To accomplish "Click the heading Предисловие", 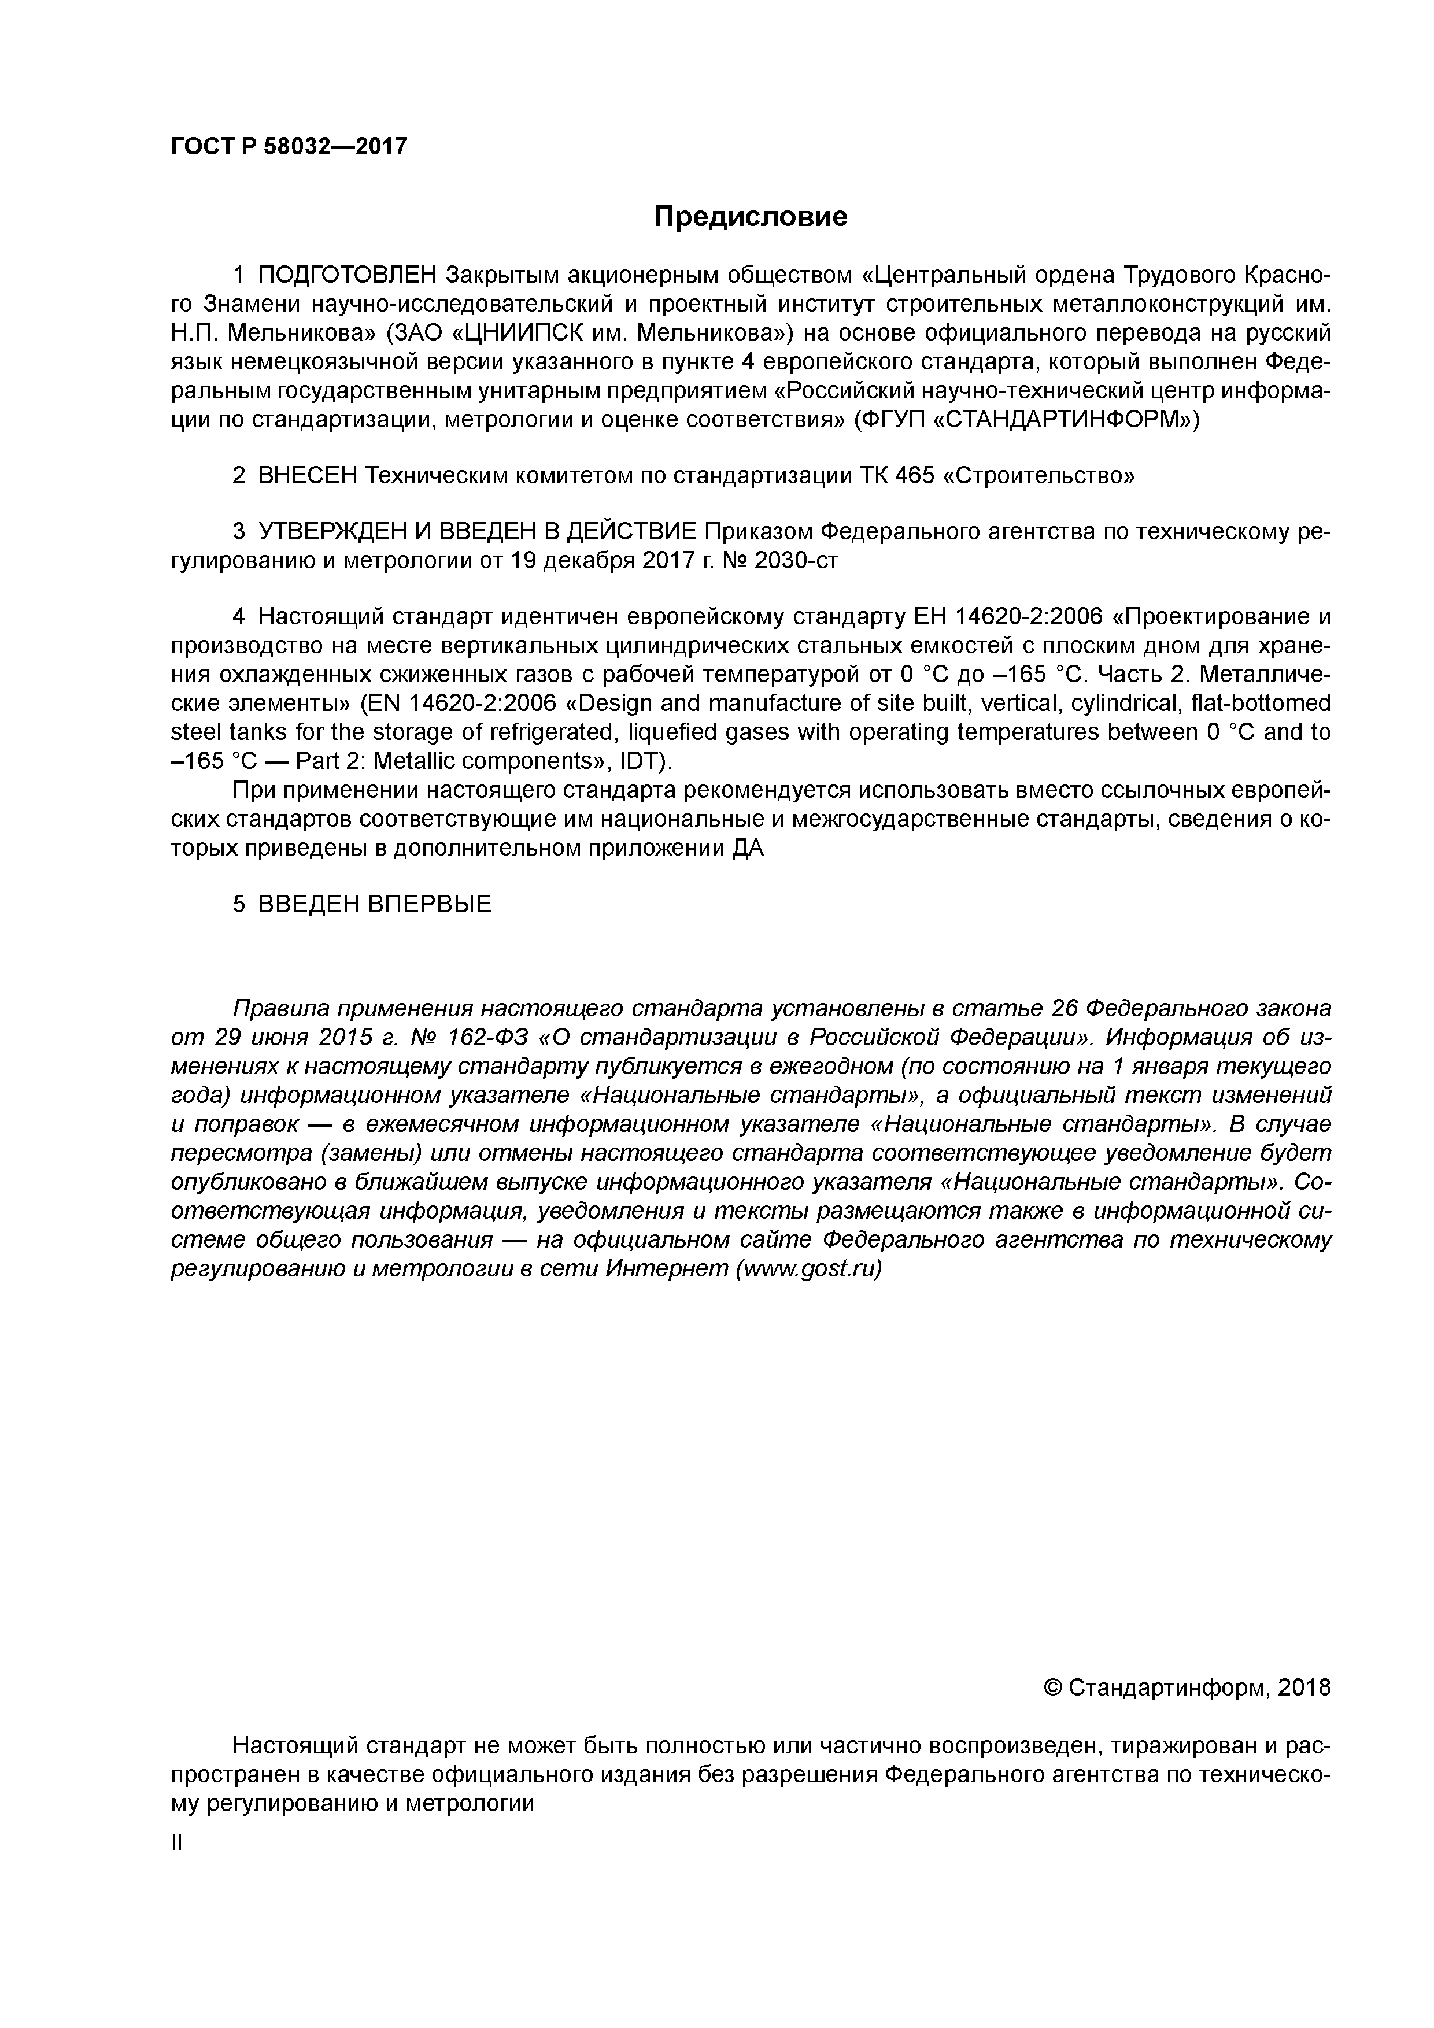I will coord(750,216).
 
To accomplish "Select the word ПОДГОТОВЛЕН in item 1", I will coord(348,276).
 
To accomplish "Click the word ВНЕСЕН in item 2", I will coord(308,476).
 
